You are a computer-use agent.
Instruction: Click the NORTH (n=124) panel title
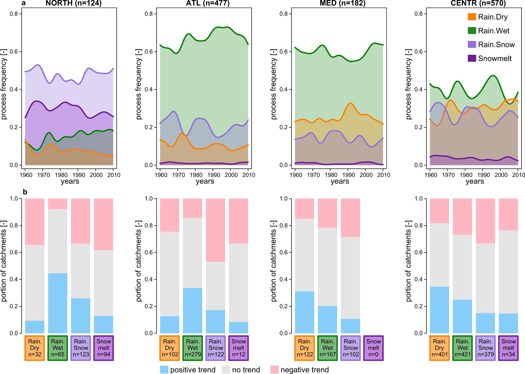73,3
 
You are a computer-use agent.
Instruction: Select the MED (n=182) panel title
342,3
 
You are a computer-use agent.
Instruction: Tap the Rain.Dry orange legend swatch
472,17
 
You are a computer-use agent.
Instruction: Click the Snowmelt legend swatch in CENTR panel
472,58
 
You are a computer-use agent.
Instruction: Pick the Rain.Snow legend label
496,45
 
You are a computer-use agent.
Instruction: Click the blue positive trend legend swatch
164,370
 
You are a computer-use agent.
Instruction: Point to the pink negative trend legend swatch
275,370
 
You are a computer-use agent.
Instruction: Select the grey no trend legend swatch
226,370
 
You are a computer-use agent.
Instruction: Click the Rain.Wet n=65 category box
58,348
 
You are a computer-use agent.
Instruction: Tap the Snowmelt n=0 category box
373,348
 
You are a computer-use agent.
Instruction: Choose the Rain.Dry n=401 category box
440,348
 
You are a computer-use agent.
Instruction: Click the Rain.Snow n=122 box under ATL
216,348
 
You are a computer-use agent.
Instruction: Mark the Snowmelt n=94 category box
104,348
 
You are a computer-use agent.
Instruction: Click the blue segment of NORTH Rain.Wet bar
58,303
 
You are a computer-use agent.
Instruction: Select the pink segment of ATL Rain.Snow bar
216,230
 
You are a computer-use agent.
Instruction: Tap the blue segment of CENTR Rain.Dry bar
440,310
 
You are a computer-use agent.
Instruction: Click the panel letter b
25,192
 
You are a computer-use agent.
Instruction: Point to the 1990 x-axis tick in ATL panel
214,175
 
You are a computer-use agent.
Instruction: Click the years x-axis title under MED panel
340,181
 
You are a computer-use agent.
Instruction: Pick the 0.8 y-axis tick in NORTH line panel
14,14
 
